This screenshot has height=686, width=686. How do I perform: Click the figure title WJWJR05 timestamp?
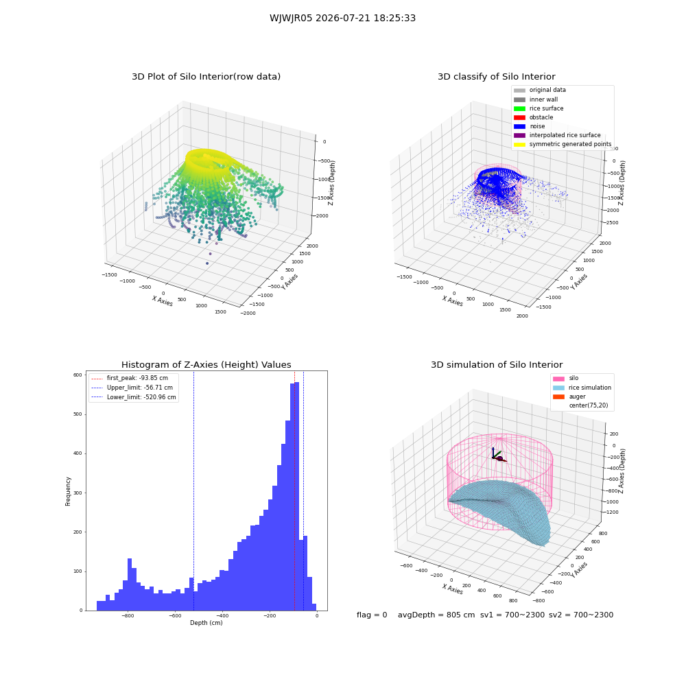point(342,19)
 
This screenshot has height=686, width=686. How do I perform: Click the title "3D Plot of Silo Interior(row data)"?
point(206,77)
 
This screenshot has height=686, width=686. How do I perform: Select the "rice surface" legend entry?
point(539,108)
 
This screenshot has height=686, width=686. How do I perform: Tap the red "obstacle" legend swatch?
point(519,118)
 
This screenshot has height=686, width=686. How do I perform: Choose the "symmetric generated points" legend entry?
point(563,144)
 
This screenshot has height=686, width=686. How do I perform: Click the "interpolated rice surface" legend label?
point(565,135)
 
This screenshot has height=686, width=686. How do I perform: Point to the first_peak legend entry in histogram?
point(130,378)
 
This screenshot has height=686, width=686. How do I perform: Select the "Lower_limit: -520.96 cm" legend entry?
point(134,397)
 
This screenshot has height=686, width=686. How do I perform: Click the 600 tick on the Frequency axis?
point(78,375)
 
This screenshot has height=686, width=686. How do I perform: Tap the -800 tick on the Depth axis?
point(128,615)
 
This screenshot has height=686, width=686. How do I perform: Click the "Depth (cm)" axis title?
point(206,623)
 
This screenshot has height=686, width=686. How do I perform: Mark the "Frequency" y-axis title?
point(68,491)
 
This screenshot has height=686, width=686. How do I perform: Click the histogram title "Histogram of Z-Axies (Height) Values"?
point(206,365)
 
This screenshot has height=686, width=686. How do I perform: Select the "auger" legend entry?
point(569,397)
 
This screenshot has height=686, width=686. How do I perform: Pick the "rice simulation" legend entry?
point(582,388)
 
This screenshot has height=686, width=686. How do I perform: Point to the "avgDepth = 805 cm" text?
point(436,615)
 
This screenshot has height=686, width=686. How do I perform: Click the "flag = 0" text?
point(372,615)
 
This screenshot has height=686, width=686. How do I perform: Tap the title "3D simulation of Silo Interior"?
point(497,365)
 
